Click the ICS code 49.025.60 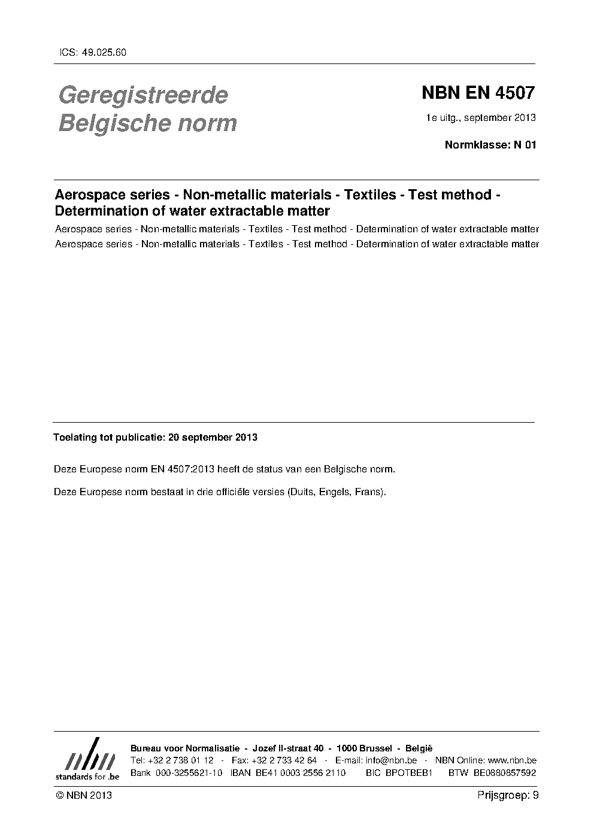point(103,52)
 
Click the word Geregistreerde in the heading point(143,95)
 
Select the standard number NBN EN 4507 point(477,93)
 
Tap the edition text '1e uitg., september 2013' point(480,117)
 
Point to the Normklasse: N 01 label point(490,144)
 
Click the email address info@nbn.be point(391,760)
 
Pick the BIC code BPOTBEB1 point(409,773)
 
